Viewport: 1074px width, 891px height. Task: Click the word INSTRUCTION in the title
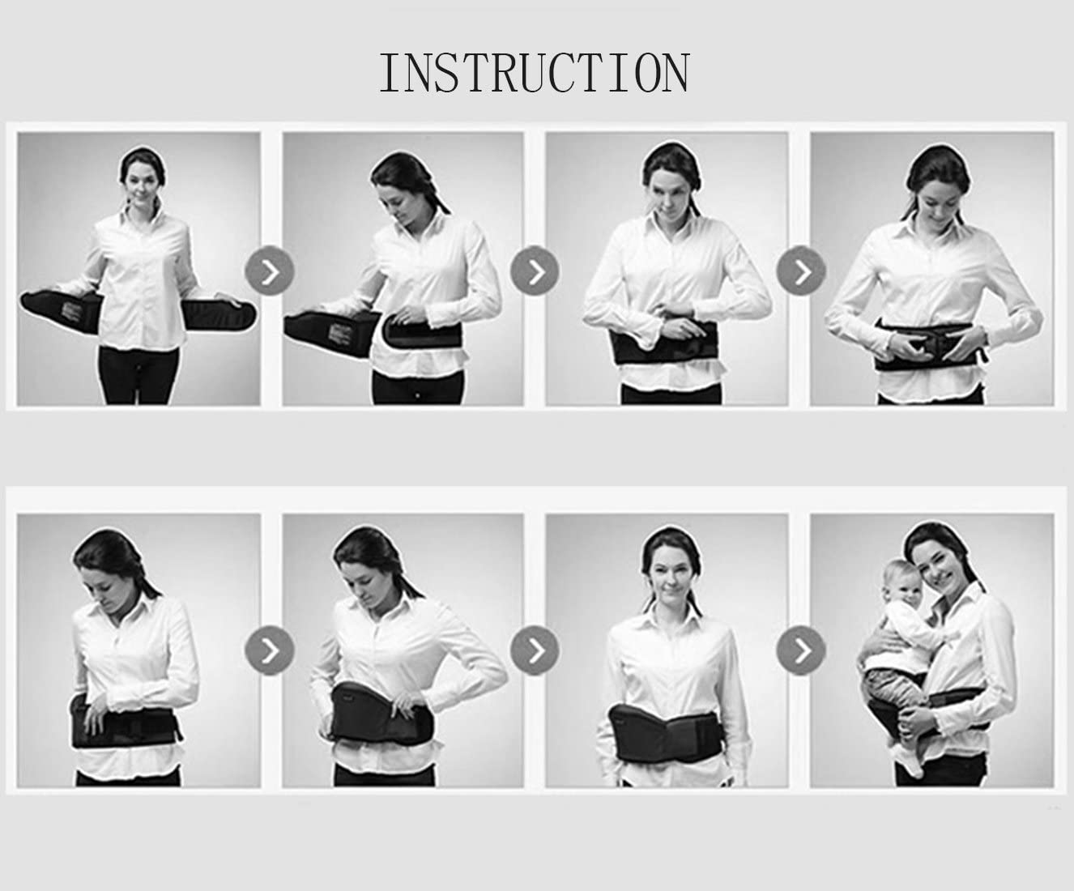coord(535,73)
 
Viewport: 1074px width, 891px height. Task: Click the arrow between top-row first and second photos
coord(270,271)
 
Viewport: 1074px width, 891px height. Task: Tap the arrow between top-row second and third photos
coord(535,271)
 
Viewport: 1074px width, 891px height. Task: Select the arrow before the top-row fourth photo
coord(801,271)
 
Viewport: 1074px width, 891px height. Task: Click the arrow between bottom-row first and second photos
coord(270,650)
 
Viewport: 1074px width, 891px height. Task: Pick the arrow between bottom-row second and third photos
coord(535,650)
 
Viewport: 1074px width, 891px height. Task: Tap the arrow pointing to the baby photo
coord(801,650)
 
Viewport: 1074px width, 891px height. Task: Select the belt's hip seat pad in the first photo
coord(62,312)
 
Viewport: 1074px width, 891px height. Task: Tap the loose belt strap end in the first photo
coord(218,313)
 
